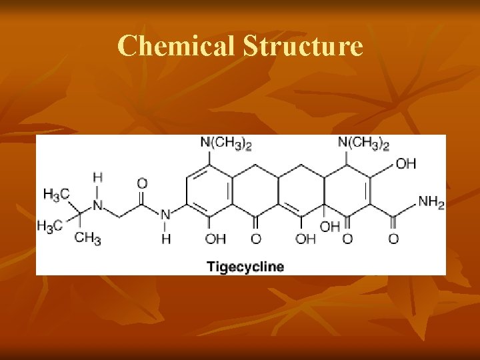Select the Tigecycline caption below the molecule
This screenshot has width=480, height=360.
[245, 267]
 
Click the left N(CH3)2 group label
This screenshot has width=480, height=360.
[226, 143]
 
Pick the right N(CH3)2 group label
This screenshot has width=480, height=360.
[363, 143]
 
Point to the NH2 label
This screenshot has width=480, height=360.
[431, 201]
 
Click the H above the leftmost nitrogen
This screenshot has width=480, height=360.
[97, 178]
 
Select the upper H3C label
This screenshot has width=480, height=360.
[56, 195]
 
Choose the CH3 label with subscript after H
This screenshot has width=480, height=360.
[87, 238]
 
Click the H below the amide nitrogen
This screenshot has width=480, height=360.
[165, 239]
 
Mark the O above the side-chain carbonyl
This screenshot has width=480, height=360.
[142, 183]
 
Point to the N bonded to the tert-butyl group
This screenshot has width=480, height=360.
[97, 205]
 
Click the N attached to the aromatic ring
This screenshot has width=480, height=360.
[165, 215]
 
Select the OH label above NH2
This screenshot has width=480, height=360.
[406, 163]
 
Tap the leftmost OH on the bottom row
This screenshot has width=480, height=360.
[215, 238]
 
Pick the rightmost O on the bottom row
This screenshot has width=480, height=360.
[393, 238]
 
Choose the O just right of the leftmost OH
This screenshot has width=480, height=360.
[256, 238]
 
